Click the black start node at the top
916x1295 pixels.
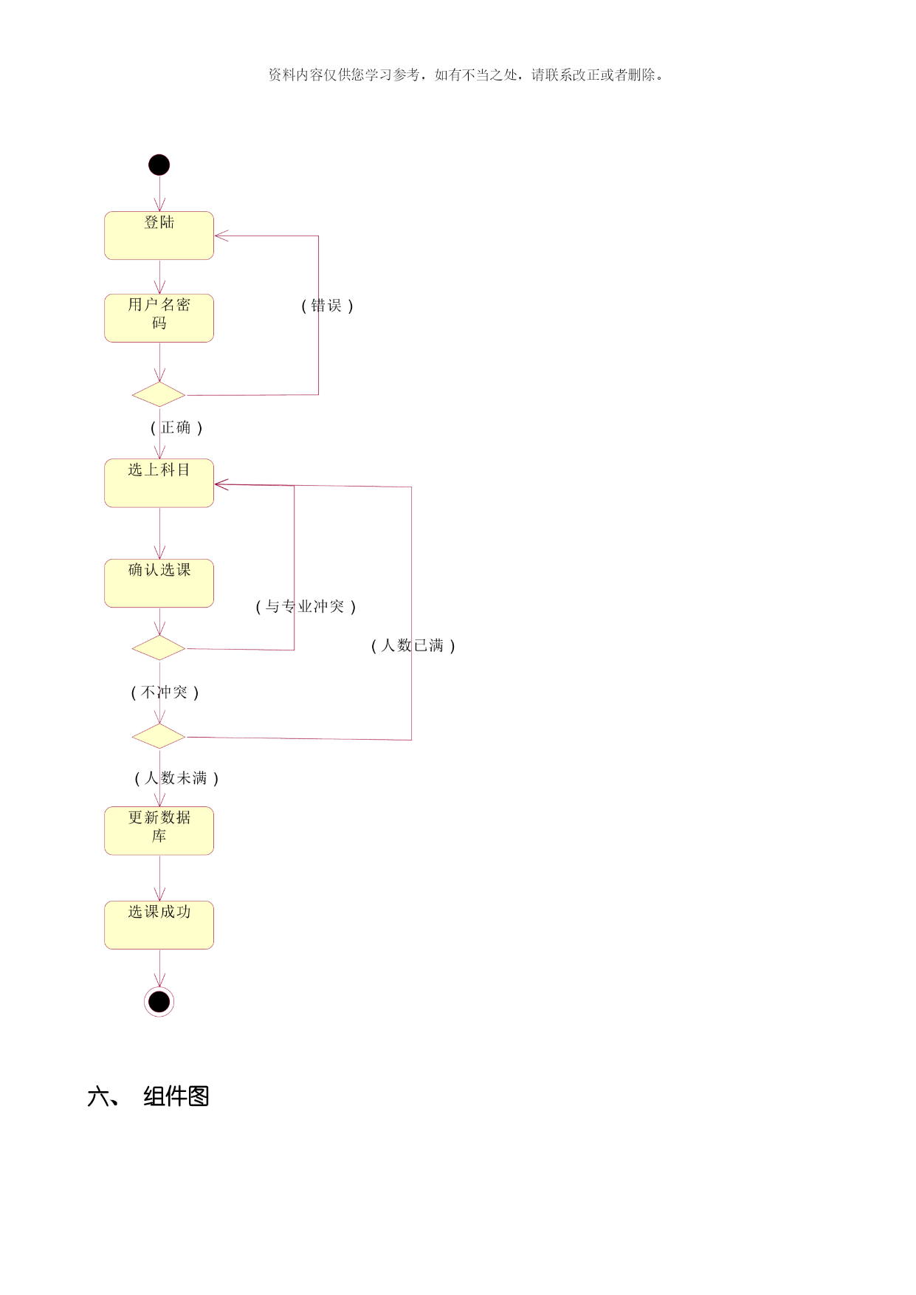click(159, 165)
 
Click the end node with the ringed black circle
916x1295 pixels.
click(159, 1002)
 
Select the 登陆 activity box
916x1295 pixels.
click(159, 236)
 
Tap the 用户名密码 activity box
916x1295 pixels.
click(159, 318)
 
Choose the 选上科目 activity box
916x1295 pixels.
click(159, 483)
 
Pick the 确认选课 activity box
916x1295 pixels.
click(159, 583)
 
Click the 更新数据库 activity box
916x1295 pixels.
click(159, 831)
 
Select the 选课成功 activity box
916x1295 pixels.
click(159, 925)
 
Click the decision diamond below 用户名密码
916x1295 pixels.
click(159, 394)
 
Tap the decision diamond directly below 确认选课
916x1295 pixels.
click(159, 647)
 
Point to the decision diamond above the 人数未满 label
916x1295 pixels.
click(159, 736)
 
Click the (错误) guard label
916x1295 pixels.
click(328, 306)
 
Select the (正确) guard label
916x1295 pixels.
click(177, 427)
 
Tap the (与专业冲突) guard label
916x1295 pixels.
click(306, 607)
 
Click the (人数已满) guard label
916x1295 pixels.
click(413, 646)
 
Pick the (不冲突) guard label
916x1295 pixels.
click(165, 693)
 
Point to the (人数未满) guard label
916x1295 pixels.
click(177, 778)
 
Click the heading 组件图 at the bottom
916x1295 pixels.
click(176, 1096)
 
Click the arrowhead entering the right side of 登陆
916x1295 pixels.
click(221, 236)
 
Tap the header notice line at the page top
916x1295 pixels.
click(466, 75)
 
